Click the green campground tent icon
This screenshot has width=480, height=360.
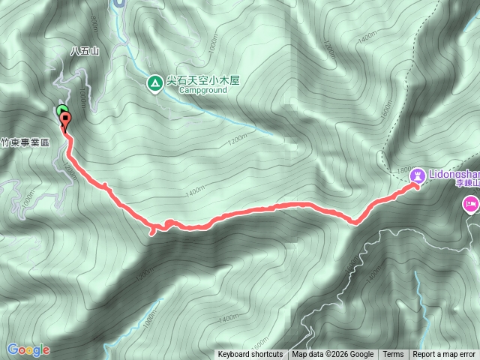pos(154,83)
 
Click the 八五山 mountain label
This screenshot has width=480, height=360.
pos(85,51)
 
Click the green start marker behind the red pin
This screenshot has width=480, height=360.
pos(61,112)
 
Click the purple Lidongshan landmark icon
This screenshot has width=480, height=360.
pos(418,175)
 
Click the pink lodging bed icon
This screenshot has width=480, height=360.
pos(472,202)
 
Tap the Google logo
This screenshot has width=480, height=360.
pos(28,349)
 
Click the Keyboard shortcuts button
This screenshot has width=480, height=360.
pos(250,355)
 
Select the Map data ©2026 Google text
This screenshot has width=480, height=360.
pos(333,355)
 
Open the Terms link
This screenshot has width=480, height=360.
pos(393,355)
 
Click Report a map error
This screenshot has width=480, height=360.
pos(444,355)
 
